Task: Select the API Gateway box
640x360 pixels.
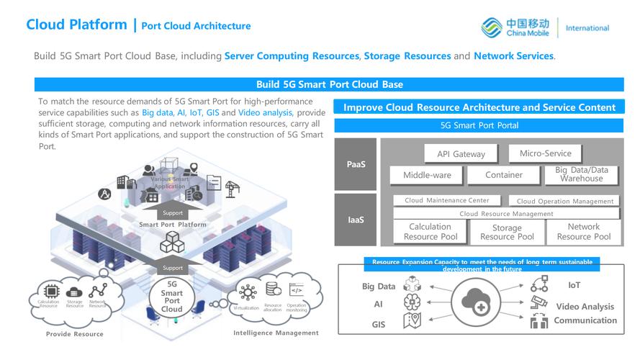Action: point(461,153)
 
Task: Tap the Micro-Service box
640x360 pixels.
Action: point(545,153)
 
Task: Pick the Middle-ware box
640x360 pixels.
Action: point(426,175)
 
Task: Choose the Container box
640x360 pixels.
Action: point(504,175)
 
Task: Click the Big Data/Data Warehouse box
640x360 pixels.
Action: point(582,175)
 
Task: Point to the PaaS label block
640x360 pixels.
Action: point(356,164)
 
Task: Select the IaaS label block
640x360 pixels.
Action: point(356,219)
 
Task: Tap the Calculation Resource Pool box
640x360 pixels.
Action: point(431,232)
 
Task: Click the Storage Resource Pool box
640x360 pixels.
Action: point(507,232)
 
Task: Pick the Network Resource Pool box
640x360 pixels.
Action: point(583,232)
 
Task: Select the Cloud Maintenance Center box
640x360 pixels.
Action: point(447,201)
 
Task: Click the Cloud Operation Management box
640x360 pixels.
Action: point(565,202)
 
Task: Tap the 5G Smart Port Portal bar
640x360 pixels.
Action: point(479,125)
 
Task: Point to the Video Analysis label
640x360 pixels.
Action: point(585,307)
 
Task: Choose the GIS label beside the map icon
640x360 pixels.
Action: point(379,325)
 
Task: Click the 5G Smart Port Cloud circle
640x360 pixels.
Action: point(171,297)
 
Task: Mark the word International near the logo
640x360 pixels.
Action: point(587,28)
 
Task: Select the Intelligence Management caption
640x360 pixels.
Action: point(276,333)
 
